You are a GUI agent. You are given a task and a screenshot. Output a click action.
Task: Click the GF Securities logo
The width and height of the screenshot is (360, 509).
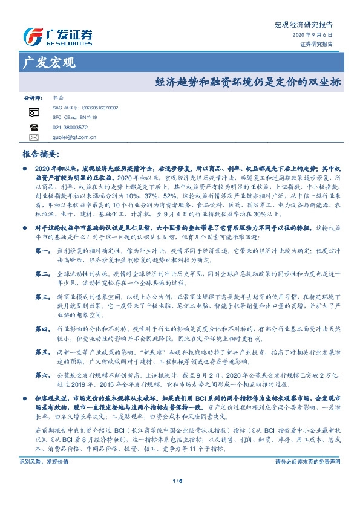coord(57,35)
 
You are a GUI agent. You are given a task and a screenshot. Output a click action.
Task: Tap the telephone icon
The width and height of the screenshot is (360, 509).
coord(33,128)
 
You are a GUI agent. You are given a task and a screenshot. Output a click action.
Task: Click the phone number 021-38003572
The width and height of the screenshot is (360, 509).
coord(70,128)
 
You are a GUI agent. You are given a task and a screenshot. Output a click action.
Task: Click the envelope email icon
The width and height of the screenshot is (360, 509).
coord(33,137)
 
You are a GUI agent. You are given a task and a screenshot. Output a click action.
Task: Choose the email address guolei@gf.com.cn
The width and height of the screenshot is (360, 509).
coord(74,137)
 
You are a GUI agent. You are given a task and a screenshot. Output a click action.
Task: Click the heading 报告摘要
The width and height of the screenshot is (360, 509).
coord(41,154)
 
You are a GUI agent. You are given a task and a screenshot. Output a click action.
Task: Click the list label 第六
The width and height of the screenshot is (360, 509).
coord(42,375)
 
